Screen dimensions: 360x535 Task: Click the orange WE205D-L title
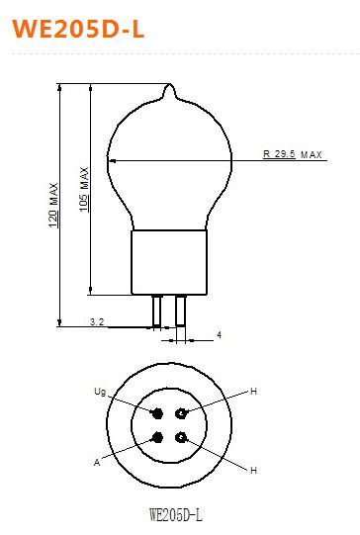pos(78,29)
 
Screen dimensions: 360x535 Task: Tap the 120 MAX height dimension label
pos(53,206)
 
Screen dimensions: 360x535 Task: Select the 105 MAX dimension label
pos(84,189)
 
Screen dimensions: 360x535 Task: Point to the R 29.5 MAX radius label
pos(293,154)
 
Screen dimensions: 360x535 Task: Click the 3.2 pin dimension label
pos(97,321)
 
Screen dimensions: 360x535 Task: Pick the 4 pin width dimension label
pos(220,334)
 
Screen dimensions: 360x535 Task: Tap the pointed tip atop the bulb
pos(169,85)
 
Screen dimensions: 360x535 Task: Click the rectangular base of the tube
pos(169,262)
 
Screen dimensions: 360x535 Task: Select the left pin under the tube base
pos(156,311)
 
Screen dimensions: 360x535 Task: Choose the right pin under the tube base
pos(181,311)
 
